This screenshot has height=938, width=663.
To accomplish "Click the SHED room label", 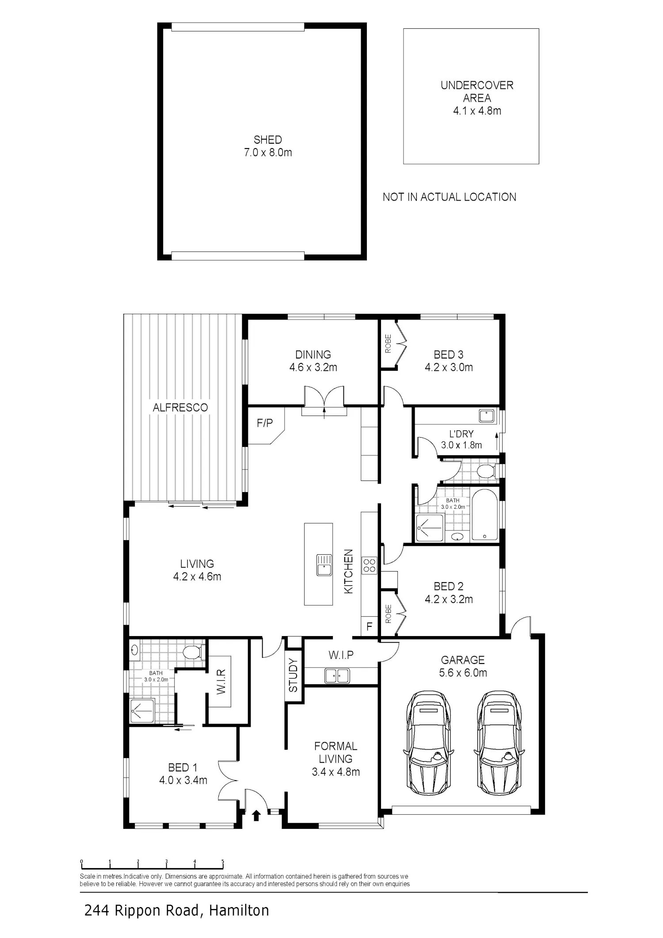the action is pos(267,140).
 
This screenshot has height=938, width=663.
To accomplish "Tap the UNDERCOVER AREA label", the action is pos(477,92).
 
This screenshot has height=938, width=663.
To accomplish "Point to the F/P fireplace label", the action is pos(265,423).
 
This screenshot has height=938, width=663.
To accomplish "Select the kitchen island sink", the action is pos(324,564).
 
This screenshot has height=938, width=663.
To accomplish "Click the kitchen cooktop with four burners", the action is pos(369,565).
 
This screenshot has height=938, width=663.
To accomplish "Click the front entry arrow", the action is pos(256,815).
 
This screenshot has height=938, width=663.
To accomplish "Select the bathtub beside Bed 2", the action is pos(485,515).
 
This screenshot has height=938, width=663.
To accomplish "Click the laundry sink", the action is pos(487,416).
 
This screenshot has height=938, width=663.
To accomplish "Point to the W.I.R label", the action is pos(221,681).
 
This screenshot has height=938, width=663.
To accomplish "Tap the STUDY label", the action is pos(293,675).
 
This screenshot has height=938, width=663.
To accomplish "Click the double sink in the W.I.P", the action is pos(337,676).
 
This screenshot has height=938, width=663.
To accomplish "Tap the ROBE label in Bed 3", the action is pos(388,343).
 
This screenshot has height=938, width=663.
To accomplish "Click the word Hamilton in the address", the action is pos(239,910).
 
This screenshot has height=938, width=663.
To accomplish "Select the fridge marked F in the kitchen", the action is pos(369,626).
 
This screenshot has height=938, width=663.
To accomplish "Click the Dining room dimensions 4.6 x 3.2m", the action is pos(313,367).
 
